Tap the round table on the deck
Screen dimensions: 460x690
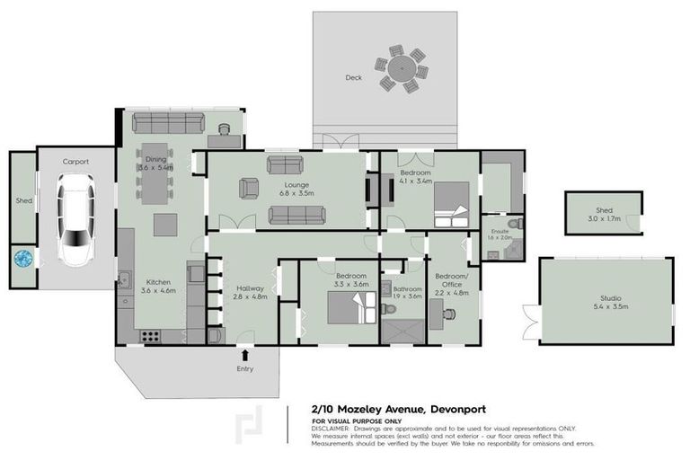tap(403, 69)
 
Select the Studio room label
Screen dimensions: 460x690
tap(610, 302)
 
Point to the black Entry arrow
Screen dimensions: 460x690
tap(245, 356)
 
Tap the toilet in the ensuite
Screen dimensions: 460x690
tap(513, 225)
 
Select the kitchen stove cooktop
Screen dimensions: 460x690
tap(150, 337)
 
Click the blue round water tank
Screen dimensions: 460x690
tap(23, 259)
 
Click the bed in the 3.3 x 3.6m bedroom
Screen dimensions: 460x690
tap(345, 308)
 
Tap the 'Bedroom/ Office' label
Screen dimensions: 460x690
tap(451, 283)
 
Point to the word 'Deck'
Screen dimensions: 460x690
tap(354, 77)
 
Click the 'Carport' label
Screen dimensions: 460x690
tap(75, 162)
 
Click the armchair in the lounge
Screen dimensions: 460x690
tap(248, 189)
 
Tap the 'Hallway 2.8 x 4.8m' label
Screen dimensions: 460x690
tap(252, 292)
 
